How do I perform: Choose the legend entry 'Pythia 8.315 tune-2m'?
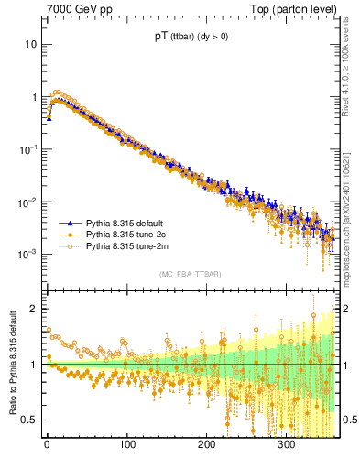point(125,246)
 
